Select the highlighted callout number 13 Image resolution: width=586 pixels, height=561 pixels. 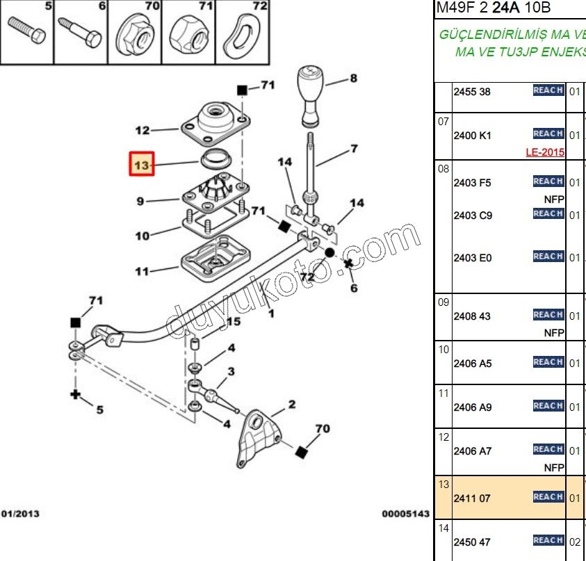tap(142, 165)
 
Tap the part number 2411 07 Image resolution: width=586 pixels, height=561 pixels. tap(472, 498)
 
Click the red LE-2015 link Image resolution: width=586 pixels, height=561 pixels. tap(544, 152)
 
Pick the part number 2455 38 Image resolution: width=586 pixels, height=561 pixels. tap(472, 92)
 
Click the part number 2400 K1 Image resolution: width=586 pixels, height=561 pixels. tap(472, 136)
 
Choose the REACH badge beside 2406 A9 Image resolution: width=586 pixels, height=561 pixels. tap(548, 406)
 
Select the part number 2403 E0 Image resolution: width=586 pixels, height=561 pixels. tap(472, 258)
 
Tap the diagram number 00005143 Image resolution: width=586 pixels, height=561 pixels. tap(406, 514)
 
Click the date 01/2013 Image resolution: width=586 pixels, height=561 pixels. tap(20, 514)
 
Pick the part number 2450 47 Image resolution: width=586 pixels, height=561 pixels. tap(472, 542)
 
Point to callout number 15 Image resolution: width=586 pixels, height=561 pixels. tap(233, 322)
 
